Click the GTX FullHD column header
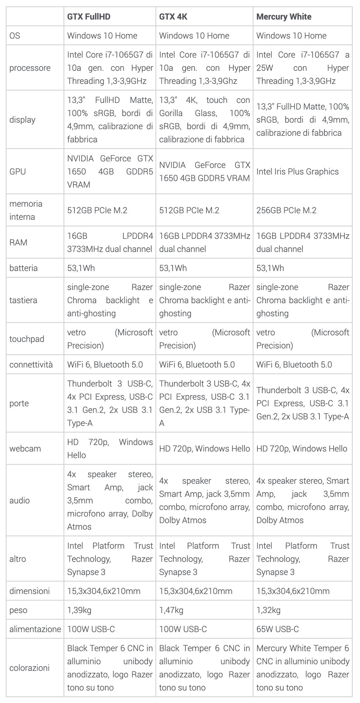click(x=89, y=17)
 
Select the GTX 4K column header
click(x=173, y=17)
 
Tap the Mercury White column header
click(x=284, y=17)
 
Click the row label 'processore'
click(x=30, y=68)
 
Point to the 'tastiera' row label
click(x=23, y=300)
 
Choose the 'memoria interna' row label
click(x=26, y=210)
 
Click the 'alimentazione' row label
click(x=35, y=629)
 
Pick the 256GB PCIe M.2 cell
click(x=286, y=210)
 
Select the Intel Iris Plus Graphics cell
click(x=297, y=172)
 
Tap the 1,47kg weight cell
click(x=171, y=610)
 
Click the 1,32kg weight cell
click(x=268, y=610)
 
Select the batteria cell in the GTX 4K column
click(x=173, y=268)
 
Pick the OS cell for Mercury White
click(x=291, y=36)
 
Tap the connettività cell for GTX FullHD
click(x=105, y=364)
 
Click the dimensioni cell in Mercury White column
click(x=293, y=591)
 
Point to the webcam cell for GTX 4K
click(x=204, y=449)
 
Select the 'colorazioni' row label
click(x=29, y=668)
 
